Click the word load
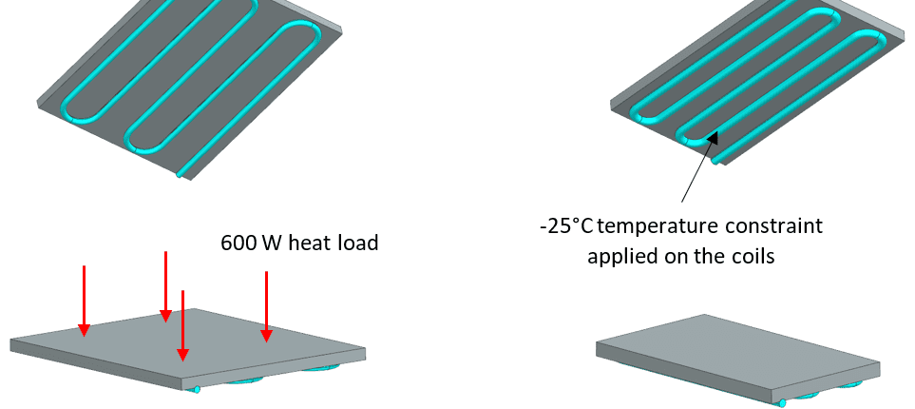[x=357, y=243]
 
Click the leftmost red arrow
[x=85, y=300]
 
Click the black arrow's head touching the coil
[x=715, y=135]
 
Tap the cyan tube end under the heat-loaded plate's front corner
[x=197, y=389]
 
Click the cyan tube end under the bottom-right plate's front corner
[x=782, y=402]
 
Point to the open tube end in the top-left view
[x=179, y=175]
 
